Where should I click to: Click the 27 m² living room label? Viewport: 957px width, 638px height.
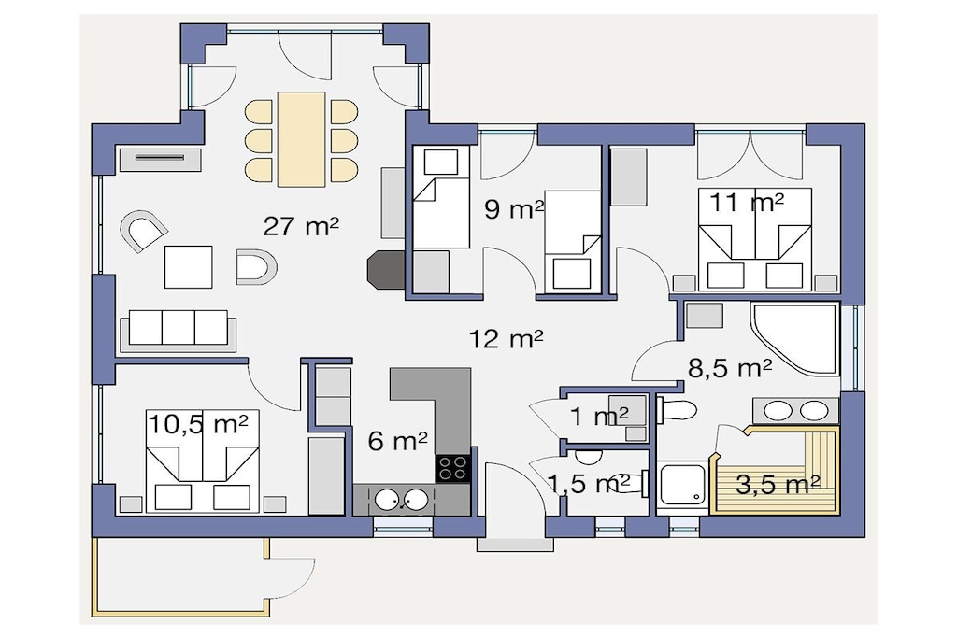[301, 227]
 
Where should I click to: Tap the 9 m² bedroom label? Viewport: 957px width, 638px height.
[514, 209]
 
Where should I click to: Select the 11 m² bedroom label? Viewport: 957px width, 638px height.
[746, 203]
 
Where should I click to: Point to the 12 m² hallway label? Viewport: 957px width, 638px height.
[506, 338]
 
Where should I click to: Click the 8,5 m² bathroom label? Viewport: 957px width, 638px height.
[730, 368]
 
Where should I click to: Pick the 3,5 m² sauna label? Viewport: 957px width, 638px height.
[778, 484]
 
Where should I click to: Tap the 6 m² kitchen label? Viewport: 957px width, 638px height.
[397, 440]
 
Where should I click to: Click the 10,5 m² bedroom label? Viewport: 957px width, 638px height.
[198, 424]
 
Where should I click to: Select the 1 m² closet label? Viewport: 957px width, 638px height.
[599, 417]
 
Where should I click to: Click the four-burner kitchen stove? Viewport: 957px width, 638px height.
[452, 468]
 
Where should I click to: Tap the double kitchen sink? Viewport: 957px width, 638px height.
[401, 500]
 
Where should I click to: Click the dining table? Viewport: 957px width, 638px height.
[301, 139]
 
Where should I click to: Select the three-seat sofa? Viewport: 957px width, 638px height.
[179, 330]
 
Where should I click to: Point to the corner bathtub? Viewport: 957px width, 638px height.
[794, 338]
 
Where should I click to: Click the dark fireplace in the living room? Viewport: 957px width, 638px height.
[385, 269]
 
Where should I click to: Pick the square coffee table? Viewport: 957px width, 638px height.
[189, 267]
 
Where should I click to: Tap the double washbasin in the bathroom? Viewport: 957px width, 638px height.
[795, 410]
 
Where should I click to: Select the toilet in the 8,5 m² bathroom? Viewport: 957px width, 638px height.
[677, 410]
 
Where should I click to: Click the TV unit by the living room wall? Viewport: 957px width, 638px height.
[159, 159]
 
